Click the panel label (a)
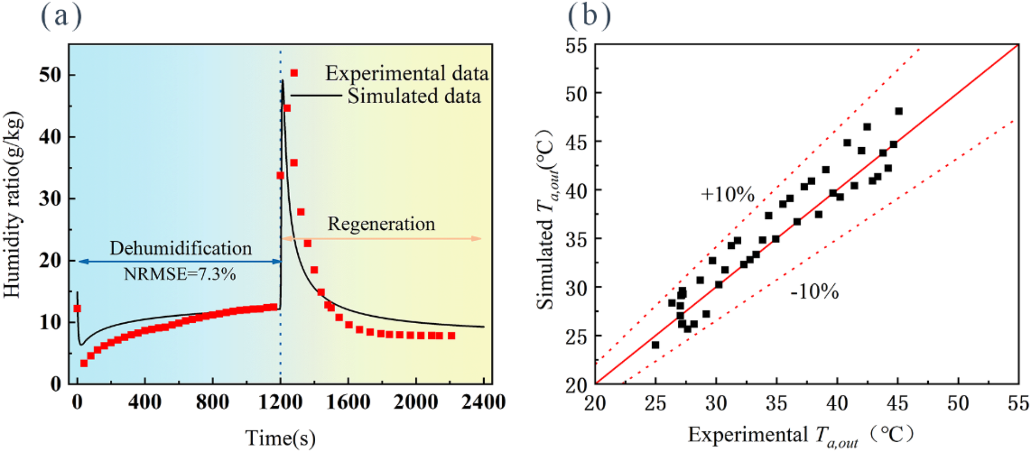click(x=61, y=16)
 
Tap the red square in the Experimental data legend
click(x=294, y=73)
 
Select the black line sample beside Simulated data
click(x=316, y=95)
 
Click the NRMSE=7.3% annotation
click(x=180, y=274)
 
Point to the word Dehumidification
click(x=181, y=249)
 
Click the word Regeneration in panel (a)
click(x=381, y=224)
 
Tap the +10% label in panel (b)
click(x=728, y=194)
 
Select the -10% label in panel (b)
click(x=814, y=292)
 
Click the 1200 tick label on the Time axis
click(x=280, y=402)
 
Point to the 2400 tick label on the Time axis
click(x=483, y=402)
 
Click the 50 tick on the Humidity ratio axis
click(x=50, y=75)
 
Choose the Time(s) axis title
click(x=280, y=438)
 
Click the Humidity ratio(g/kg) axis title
click(x=12, y=205)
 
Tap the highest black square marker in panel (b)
click(x=899, y=111)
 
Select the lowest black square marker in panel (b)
click(x=655, y=345)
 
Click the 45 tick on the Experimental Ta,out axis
click(x=897, y=404)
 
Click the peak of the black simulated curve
click(x=282, y=81)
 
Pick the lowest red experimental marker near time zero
click(x=84, y=363)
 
